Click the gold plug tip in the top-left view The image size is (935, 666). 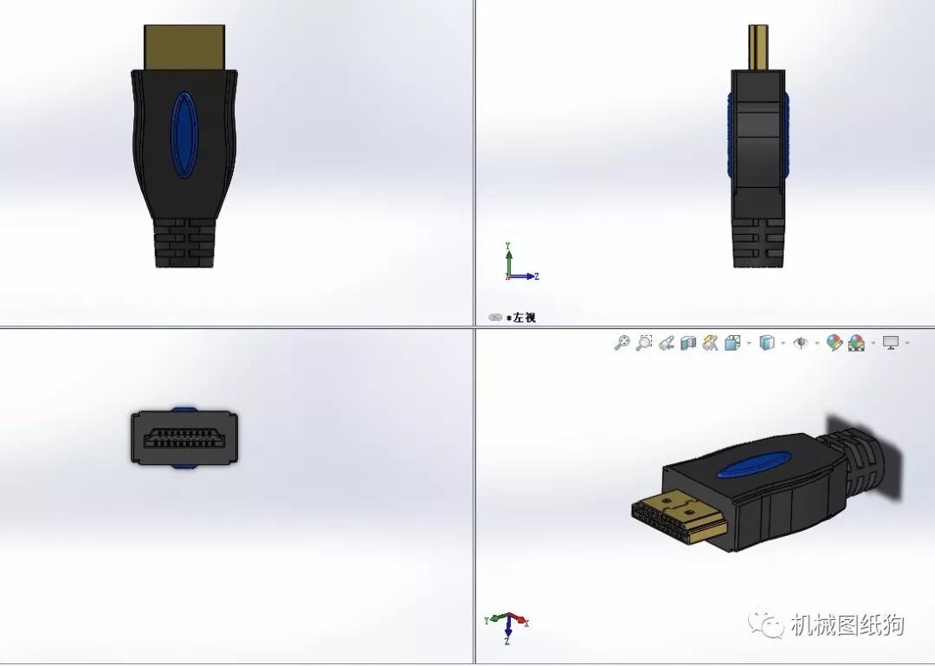[184, 47]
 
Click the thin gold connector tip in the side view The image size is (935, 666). [759, 48]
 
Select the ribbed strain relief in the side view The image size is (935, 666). [759, 242]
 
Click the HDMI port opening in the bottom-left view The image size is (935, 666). [184, 438]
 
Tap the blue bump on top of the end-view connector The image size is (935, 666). [184, 409]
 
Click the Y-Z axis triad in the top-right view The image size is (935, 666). [519, 263]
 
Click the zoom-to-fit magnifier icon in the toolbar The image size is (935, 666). [622, 343]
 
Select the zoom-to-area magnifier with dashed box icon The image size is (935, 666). [643, 343]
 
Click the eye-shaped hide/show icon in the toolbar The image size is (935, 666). [802, 343]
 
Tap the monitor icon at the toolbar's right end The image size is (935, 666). [891, 343]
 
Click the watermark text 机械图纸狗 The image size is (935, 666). [847, 624]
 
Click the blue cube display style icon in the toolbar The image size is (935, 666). [766, 343]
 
